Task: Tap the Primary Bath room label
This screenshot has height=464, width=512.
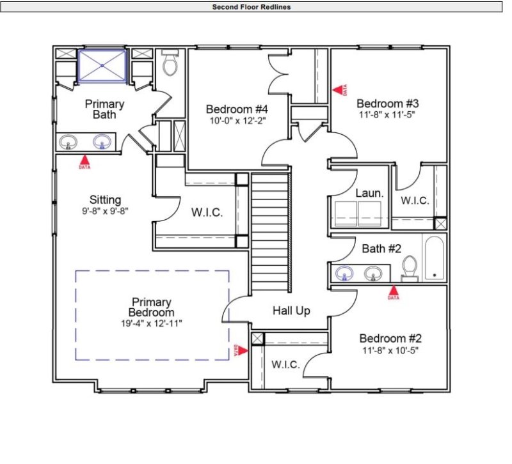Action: point(104,109)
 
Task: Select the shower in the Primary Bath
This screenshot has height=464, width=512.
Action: point(102,65)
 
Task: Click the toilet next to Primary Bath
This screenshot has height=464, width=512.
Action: point(170,64)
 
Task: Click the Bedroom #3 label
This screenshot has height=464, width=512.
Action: point(387,104)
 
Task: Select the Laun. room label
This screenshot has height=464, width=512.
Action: point(369,192)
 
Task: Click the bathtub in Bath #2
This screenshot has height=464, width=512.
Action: point(434,258)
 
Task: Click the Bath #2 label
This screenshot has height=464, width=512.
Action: point(381,249)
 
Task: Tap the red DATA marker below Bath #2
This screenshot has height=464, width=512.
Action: point(393,293)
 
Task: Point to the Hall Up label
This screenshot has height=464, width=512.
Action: point(291,311)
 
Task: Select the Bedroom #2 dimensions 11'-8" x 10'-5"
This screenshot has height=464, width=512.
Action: point(390,350)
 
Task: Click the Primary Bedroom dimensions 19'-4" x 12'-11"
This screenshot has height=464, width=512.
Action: point(152,323)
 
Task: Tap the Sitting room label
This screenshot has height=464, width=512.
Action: point(105,200)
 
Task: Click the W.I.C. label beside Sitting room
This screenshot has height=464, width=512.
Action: point(207,213)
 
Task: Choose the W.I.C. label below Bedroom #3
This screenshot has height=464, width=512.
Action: point(415,201)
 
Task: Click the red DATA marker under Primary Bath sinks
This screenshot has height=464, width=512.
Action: point(84,163)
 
